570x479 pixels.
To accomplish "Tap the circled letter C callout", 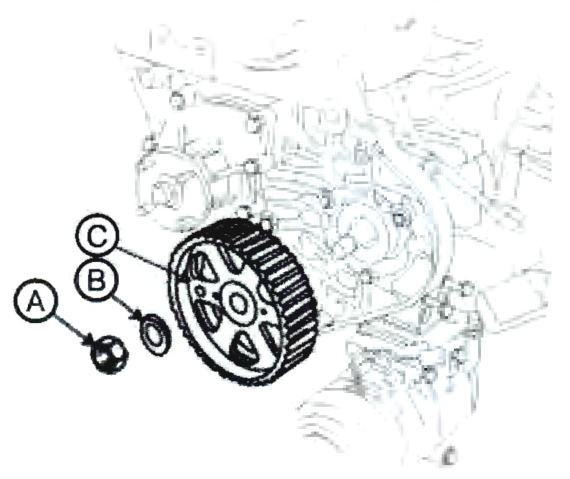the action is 97,238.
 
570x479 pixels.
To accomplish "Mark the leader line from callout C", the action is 142,259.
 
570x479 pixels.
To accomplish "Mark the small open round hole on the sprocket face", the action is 199,291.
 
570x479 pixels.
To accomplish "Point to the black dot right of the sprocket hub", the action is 264,312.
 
